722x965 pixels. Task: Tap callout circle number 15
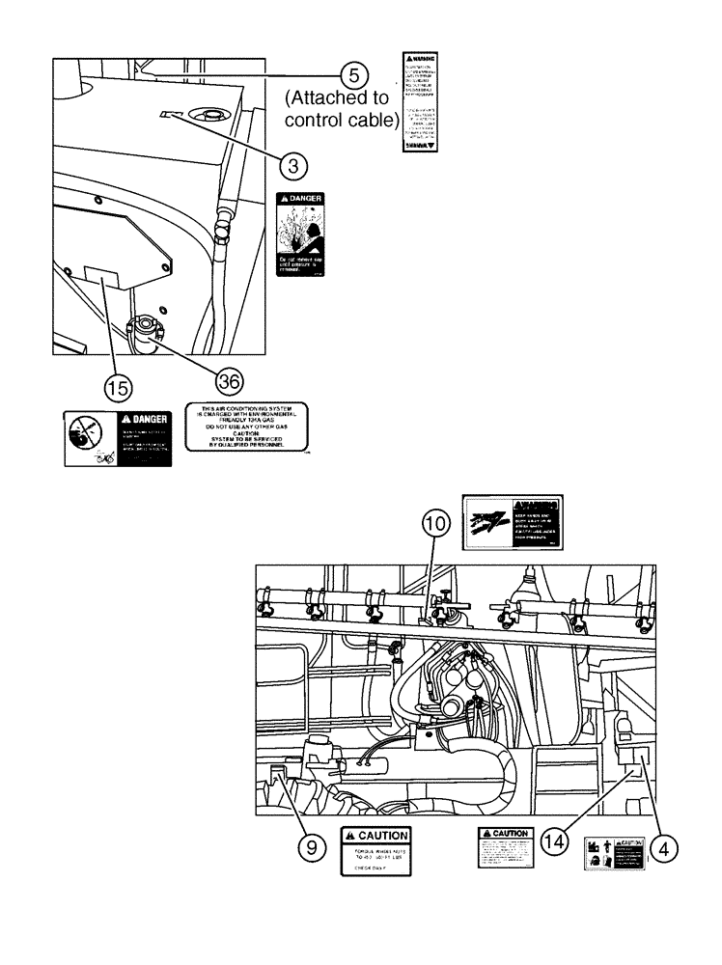click(x=117, y=388)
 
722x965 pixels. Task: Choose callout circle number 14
click(x=552, y=841)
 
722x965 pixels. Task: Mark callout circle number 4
click(x=662, y=847)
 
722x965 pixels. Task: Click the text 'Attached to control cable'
click(x=336, y=110)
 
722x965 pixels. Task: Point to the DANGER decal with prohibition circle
click(x=117, y=438)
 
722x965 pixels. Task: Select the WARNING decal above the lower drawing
click(x=512, y=525)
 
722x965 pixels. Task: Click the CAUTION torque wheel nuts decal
click(x=376, y=850)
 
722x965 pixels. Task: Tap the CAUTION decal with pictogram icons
click(x=612, y=853)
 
